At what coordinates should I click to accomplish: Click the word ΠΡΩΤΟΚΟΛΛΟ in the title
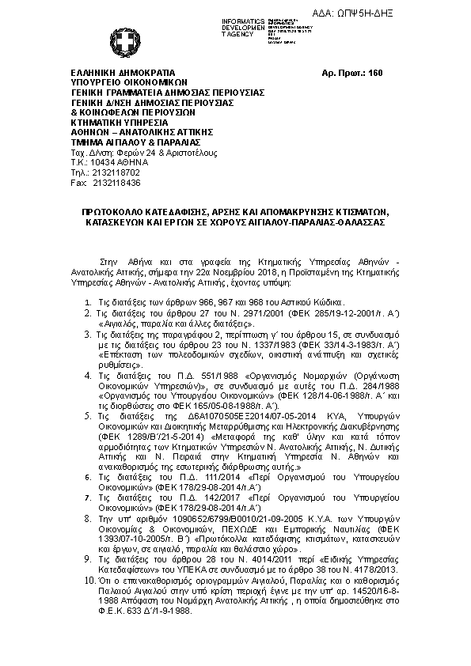click(x=119, y=213)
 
